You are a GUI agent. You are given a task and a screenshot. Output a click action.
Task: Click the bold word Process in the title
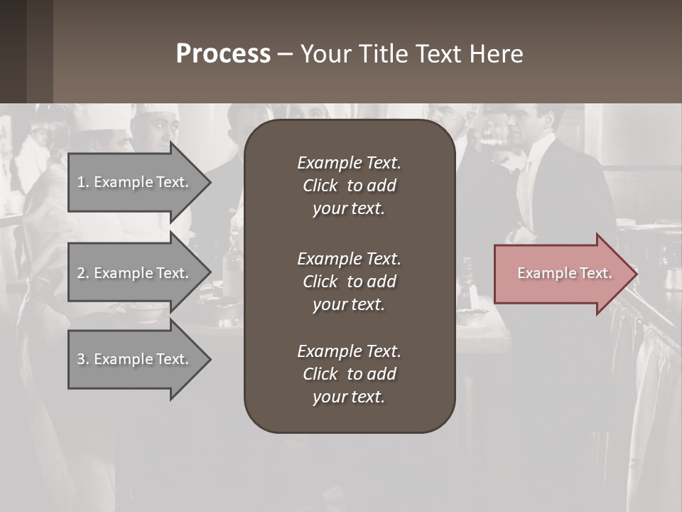pos(223,54)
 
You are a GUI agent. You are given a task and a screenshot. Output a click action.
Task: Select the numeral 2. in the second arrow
pos(83,273)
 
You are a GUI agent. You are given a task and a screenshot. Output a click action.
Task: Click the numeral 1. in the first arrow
pos(83,182)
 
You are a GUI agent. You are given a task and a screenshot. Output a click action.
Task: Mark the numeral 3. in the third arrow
pos(83,359)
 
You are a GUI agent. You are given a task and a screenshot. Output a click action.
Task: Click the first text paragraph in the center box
pos(349,186)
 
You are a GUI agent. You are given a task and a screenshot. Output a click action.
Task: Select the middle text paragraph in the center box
pos(349,282)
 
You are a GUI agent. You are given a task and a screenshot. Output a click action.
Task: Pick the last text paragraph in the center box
pos(349,374)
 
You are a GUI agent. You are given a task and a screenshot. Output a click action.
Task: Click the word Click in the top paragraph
pos(320,186)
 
